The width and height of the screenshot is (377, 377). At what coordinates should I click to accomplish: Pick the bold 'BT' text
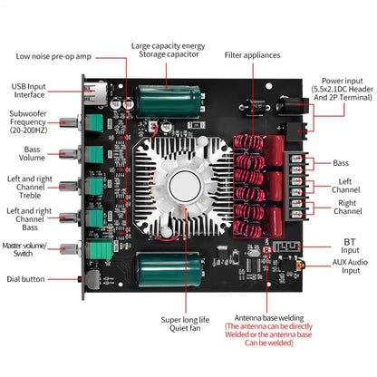[349, 243]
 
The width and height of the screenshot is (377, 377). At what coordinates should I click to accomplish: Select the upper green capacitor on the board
[164, 99]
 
